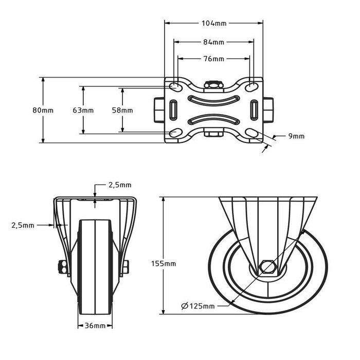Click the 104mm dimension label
[x=213, y=23]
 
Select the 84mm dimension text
[x=213, y=42]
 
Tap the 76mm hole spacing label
[x=213, y=59]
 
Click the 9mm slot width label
[x=296, y=136]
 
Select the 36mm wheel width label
[x=95, y=326]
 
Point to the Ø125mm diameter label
[x=198, y=307]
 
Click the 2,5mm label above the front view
[x=119, y=185]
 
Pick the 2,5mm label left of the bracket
[x=23, y=225]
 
